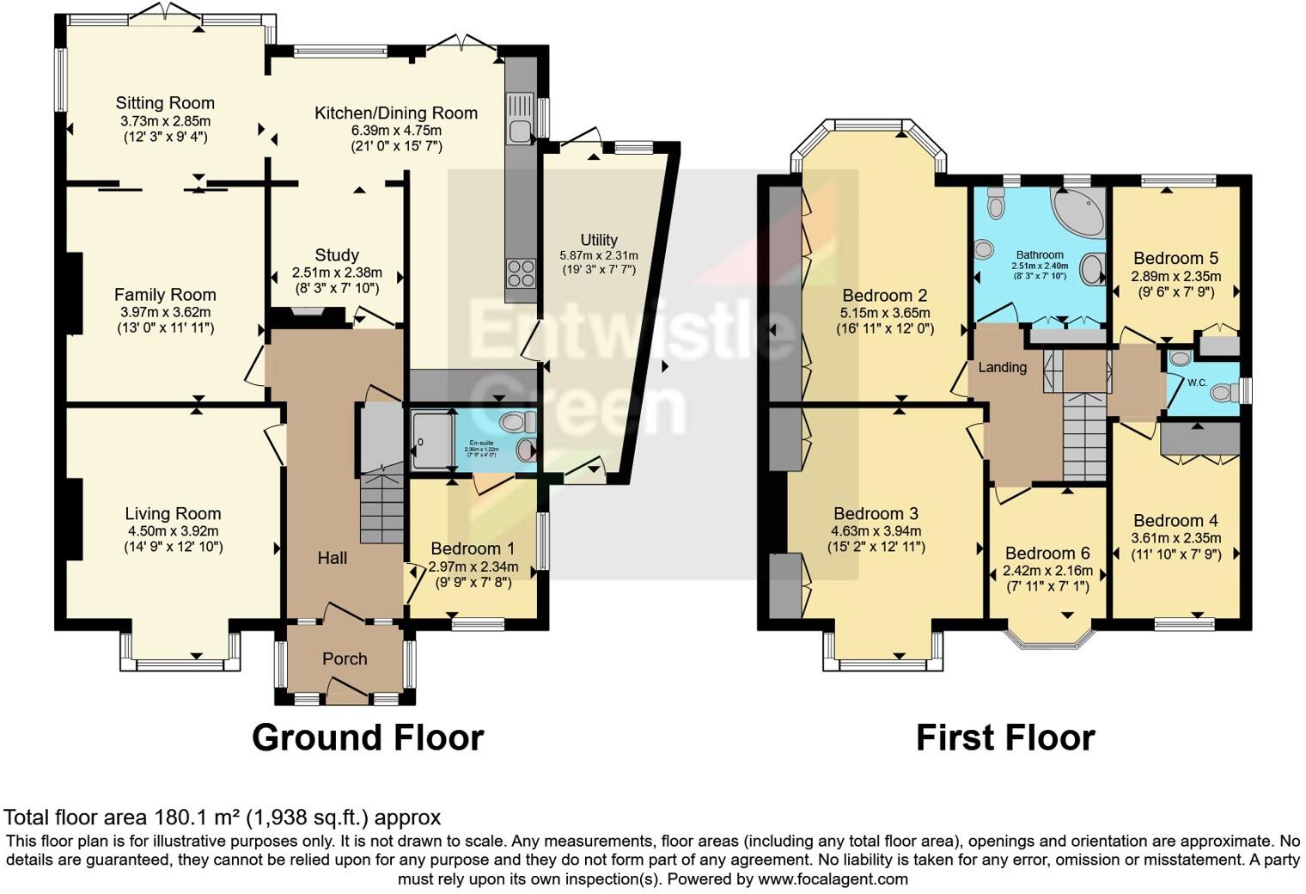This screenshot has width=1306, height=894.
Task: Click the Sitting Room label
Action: click(x=165, y=103)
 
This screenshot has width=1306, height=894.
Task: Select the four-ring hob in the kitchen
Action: click(x=521, y=272)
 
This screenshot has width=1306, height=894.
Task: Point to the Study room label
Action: click(x=337, y=255)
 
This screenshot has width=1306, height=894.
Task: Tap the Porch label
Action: click(x=345, y=658)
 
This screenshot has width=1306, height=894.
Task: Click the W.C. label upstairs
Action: click(x=1197, y=382)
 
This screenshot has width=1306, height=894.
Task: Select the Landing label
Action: click(x=1003, y=367)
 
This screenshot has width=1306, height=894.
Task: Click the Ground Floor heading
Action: click(x=368, y=738)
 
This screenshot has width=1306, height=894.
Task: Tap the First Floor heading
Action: click(x=1005, y=738)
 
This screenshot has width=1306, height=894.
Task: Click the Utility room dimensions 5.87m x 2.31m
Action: click(x=599, y=256)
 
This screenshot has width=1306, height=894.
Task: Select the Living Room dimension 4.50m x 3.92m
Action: click(x=173, y=530)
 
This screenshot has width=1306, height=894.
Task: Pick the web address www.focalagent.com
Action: click(x=831, y=879)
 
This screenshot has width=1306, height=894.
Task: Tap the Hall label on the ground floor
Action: click(x=333, y=558)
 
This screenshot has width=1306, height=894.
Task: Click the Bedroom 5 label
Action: click(x=1175, y=258)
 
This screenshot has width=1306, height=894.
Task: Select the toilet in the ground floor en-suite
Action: click(x=518, y=422)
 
